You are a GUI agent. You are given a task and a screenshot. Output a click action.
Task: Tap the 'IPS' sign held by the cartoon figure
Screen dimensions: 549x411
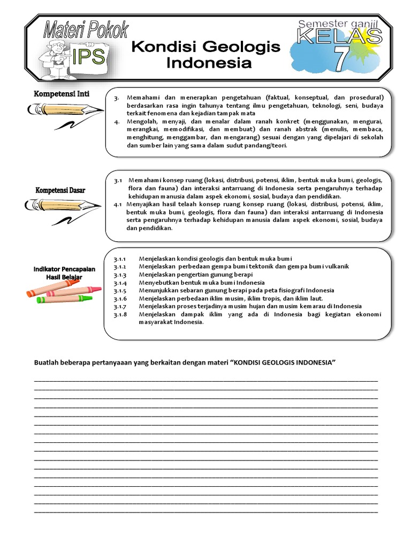pos(88,56)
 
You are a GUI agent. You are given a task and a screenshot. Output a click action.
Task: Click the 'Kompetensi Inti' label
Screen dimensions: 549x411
pos(62,94)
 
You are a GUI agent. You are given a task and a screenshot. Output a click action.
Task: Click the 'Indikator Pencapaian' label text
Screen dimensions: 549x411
pos(64,269)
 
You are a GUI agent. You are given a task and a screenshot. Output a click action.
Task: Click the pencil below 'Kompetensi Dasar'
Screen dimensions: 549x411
pos(63,205)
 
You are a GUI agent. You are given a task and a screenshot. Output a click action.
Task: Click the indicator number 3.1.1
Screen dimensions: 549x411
pos(120,259)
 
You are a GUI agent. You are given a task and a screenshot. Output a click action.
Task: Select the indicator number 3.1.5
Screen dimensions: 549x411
pos(120,291)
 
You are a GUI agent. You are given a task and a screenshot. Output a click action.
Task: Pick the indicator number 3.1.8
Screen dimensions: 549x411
pos(120,314)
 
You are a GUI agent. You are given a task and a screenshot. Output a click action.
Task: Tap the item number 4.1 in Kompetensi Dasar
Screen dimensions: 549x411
pos(118,204)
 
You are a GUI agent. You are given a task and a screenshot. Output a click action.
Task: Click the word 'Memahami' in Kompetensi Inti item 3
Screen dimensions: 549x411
pos(143,98)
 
